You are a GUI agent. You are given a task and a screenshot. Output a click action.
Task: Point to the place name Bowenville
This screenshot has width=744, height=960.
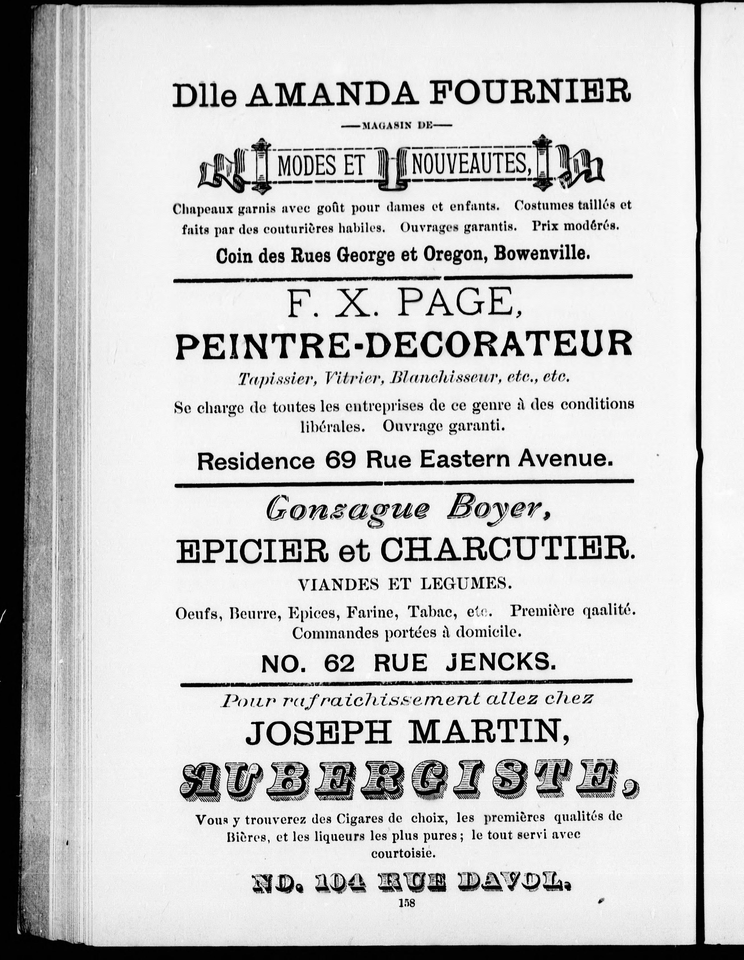(x=541, y=255)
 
